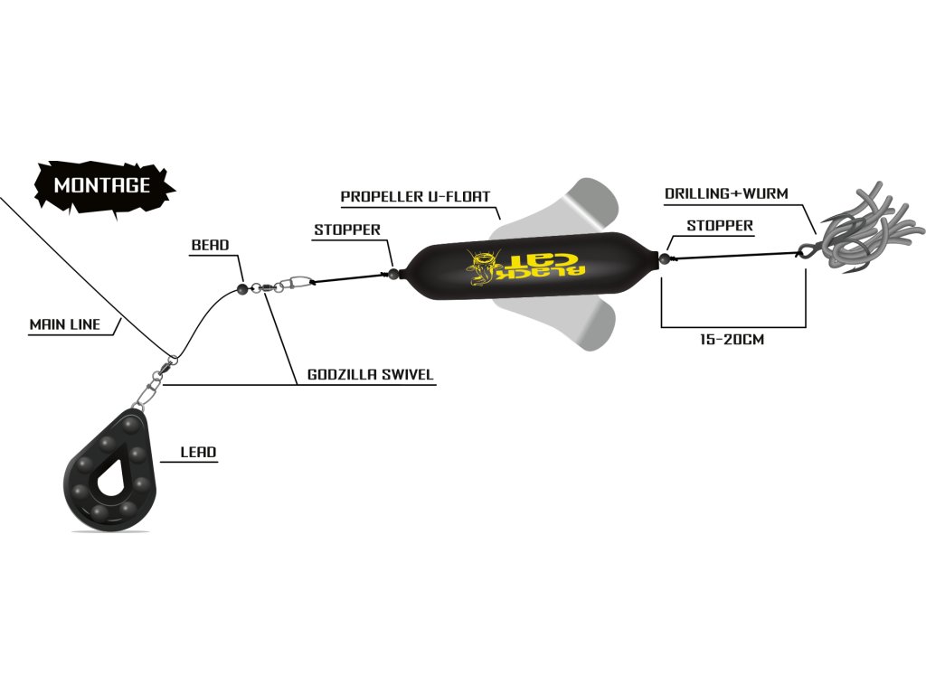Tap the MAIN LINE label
(65, 324)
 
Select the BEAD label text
(210, 245)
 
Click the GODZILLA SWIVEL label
(370, 374)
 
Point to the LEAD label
(198, 452)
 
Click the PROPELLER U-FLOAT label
(415, 196)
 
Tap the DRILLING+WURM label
(726, 193)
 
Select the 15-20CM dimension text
(732, 340)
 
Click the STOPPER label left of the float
(347, 230)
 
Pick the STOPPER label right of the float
(720, 225)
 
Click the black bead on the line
(241, 288)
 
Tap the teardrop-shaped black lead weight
(109, 469)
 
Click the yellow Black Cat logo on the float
(524, 267)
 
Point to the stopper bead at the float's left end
(393, 273)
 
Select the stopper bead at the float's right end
(665, 258)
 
